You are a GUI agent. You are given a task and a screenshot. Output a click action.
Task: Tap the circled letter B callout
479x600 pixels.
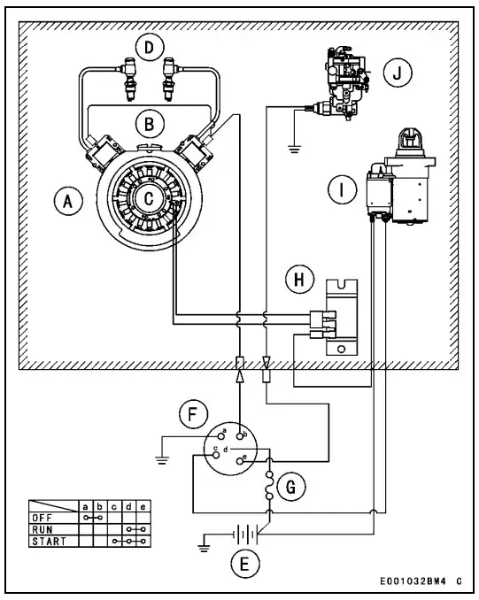pos(151,121)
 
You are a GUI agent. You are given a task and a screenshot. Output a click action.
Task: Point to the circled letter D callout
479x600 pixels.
pos(151,45)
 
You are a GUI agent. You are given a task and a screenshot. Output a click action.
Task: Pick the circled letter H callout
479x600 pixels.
pos(298,281)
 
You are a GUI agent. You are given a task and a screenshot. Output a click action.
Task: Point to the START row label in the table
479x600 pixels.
pos(48,540)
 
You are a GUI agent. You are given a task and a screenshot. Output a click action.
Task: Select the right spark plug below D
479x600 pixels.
pos(170,78)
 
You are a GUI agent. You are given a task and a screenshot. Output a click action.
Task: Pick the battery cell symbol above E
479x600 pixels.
pos(236,536)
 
